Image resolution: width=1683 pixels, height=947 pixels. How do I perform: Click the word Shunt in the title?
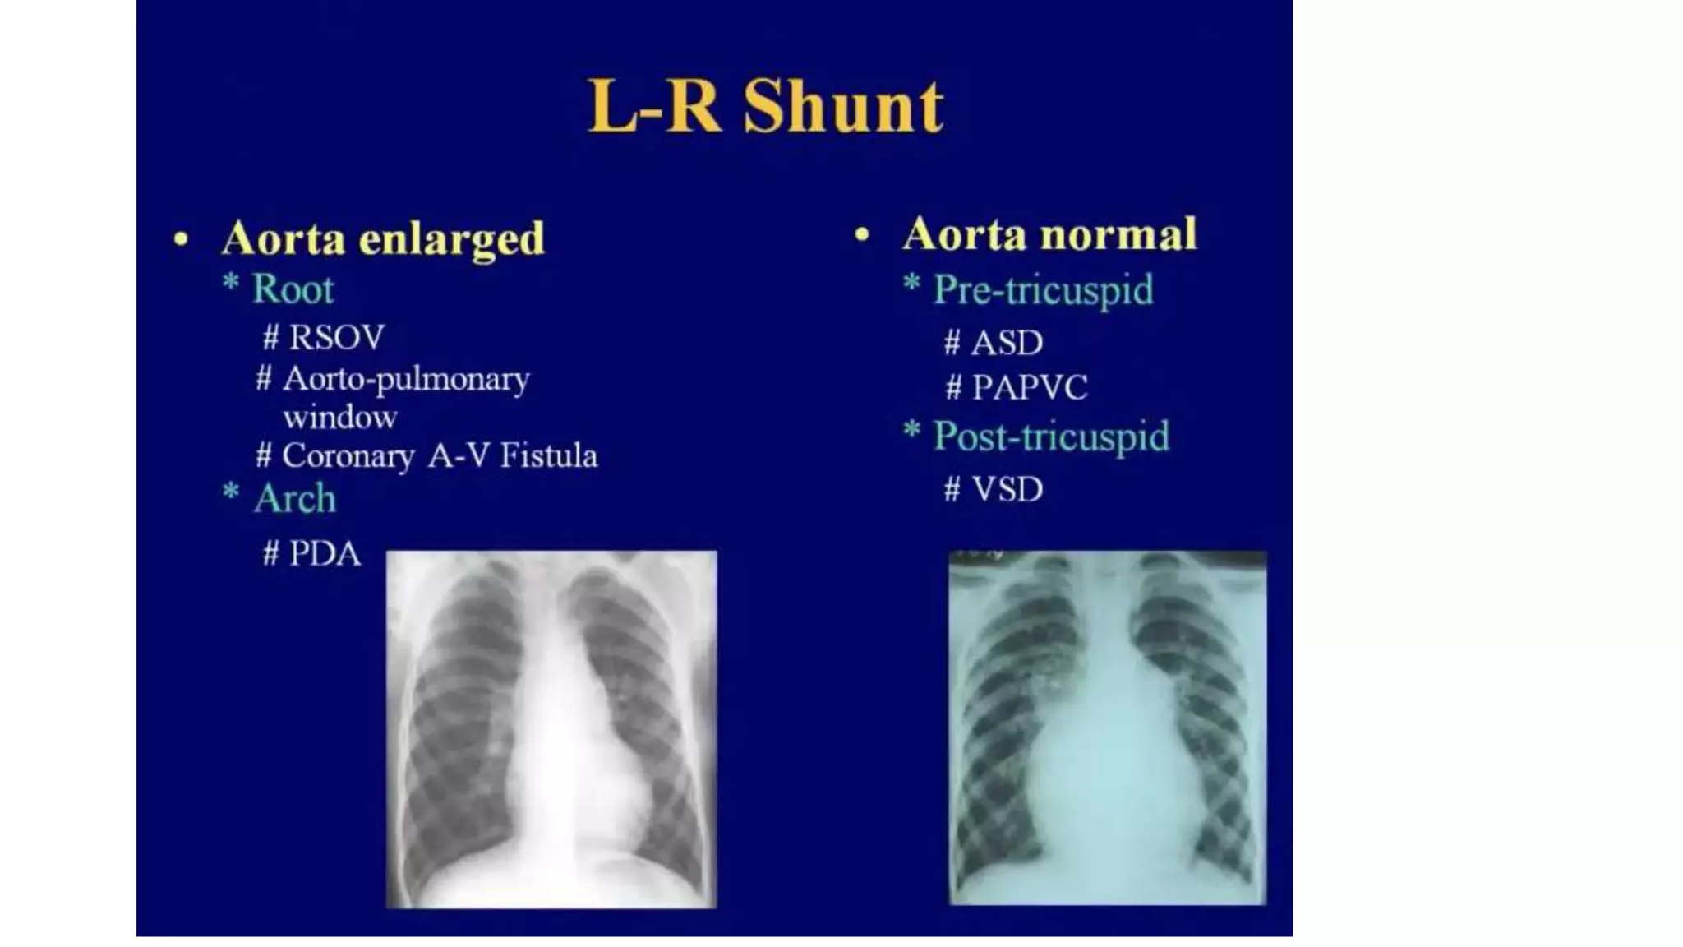[x=843, y=107]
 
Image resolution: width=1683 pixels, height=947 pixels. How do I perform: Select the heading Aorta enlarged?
[x=383, y=238]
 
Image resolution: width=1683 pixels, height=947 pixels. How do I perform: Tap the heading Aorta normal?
[x=1049, y=234]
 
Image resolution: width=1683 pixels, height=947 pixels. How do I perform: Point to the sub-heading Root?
[x=293, y=289]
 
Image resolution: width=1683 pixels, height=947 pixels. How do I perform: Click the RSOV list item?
[x=336, y=338]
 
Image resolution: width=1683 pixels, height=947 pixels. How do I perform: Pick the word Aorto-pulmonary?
[x=406, y=380]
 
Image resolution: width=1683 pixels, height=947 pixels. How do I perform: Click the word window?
[x=340, y=418]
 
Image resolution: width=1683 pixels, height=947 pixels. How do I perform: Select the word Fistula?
[x=548, y=455]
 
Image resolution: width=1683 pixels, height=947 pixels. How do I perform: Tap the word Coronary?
[x=348, y=456]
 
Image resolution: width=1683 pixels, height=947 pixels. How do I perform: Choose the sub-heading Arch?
[x=295, y=499]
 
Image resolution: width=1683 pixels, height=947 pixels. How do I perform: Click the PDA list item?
[x=325, y=554]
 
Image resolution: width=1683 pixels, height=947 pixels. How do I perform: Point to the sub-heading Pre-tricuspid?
[x=1043, y=290]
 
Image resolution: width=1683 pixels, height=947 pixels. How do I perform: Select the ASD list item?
[x=1007, y=343]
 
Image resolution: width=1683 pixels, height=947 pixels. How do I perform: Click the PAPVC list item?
[x=1029, y=387]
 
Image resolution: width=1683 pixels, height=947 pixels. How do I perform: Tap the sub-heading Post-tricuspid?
[x=1051, y=436]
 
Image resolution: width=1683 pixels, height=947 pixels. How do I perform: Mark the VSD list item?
[x=1007, y=490]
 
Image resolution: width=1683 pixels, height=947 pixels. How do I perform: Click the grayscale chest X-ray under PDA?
[x=551, y=729]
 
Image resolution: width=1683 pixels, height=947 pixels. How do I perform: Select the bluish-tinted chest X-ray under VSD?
[x=1107, y=728]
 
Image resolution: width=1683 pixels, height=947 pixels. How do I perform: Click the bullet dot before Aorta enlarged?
[x=182, y=239]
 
